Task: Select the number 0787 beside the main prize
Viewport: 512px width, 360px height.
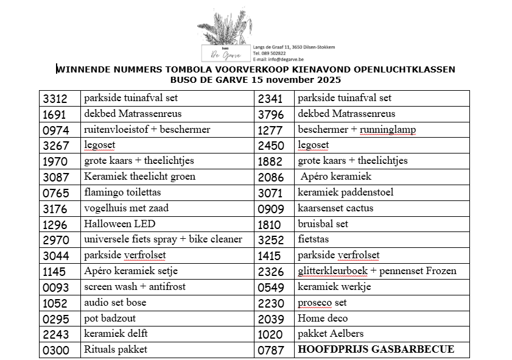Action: point(270,350)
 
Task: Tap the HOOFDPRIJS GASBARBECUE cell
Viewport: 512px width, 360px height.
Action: point(376,350)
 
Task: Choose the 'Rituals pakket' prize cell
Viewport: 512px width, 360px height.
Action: point(116,350)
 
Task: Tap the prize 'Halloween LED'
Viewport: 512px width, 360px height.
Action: point(116,224)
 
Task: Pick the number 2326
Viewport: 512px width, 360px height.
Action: point(270,271)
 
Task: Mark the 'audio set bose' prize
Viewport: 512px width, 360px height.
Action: point(115,302)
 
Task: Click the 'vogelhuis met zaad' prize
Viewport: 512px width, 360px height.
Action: point(126,208)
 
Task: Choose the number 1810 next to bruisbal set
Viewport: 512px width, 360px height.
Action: point(270,224)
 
